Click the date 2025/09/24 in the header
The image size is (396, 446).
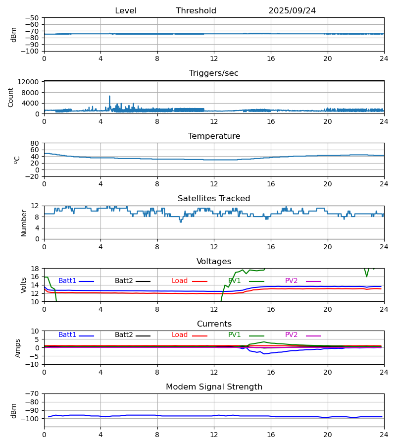(292, 11)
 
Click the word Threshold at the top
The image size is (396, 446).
(196, 11)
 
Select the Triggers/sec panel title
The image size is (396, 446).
(214, 73)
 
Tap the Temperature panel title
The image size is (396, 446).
(214, 136)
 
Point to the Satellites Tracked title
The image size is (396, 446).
(214, 199)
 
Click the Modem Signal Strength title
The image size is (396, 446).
(214, 387)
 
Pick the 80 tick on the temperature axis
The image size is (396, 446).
(35, 143)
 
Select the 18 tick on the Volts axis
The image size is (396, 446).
(35, 269)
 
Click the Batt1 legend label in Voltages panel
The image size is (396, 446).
(67, 281)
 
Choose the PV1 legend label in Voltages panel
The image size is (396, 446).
(235, 281)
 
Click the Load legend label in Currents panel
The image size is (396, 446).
(180, 335)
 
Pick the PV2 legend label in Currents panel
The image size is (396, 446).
(292, 335)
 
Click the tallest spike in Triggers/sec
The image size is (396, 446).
(109, 96)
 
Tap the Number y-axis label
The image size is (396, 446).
(24, 223)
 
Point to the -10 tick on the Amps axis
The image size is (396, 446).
(33, 364)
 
